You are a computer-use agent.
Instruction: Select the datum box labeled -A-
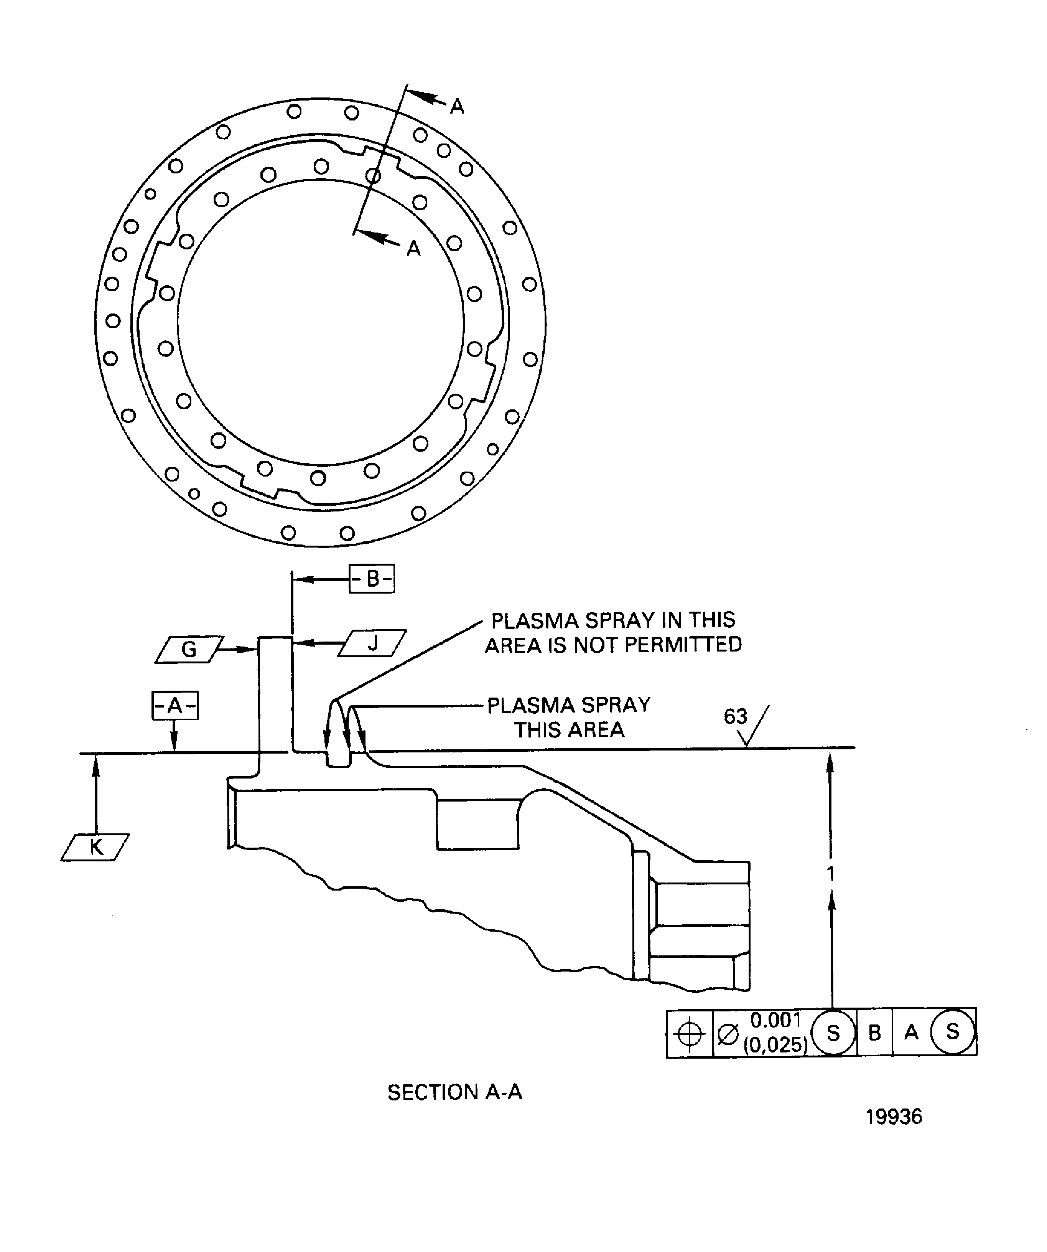coord(174,706)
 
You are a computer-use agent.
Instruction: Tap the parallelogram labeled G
coord(189,649)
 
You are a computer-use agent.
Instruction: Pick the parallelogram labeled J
coord(372,643)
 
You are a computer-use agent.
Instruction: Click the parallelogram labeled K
coord(95,847)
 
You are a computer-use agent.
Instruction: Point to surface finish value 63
coord(735,716)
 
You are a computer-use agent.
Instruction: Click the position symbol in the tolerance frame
coord(690,1034)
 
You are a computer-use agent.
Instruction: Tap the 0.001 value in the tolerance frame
coord(775,1021)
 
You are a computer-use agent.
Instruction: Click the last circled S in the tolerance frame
coord(952,1032)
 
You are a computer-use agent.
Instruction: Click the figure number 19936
coord(893,1117)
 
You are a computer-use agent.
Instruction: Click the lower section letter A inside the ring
coord(413,249)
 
